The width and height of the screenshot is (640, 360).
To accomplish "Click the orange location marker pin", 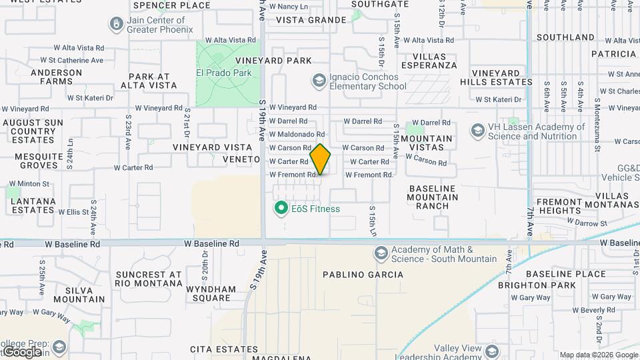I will (320, 159).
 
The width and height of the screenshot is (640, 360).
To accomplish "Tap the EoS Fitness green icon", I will (281, 209).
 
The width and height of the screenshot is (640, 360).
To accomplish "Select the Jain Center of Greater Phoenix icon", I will (117, 24).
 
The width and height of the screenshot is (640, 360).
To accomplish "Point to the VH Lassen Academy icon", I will (477, 131).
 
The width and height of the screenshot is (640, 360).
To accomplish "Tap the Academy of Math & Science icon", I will (381, 253).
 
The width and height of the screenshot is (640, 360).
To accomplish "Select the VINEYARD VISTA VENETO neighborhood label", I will (215, 153).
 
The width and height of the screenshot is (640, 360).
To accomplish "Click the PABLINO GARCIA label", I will (363, 275).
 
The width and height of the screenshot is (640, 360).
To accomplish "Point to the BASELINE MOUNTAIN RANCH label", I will (433, 197).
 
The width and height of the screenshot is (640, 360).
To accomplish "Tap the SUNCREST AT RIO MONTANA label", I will (149, 279).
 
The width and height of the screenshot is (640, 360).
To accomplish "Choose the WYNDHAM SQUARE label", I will (211, 294).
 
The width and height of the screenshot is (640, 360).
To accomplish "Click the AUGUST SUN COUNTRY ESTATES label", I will (33, 131).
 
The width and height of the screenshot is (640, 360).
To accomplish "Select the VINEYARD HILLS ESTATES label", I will (496, 77).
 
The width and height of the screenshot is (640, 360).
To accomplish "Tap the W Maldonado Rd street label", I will (297, 135).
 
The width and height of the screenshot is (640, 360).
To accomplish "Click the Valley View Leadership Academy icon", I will (492, 351).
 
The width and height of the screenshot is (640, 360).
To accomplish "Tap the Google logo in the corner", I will (21, 351).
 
